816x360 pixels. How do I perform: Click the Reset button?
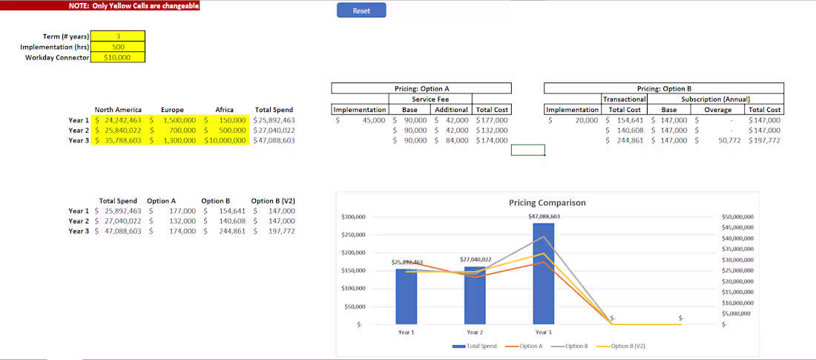coord(361,10)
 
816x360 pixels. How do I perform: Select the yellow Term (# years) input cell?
coord(118,36)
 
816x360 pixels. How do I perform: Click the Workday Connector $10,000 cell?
coord(118,57)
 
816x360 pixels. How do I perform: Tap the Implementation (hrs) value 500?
coord(118,47)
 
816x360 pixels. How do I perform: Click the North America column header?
coord(118,110)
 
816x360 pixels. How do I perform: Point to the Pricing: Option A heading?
coord(421,88)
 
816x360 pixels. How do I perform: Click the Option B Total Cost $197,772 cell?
coord(764,140)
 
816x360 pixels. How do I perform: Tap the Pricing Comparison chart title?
coord(547,203)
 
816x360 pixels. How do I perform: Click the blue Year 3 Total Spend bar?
coord(543,275)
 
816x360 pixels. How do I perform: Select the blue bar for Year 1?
coord(406,296)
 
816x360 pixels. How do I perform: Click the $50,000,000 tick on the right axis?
coord(737,217)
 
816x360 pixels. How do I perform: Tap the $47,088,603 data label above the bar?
coord(543,216)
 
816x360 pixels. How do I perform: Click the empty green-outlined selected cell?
coord(527,151)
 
